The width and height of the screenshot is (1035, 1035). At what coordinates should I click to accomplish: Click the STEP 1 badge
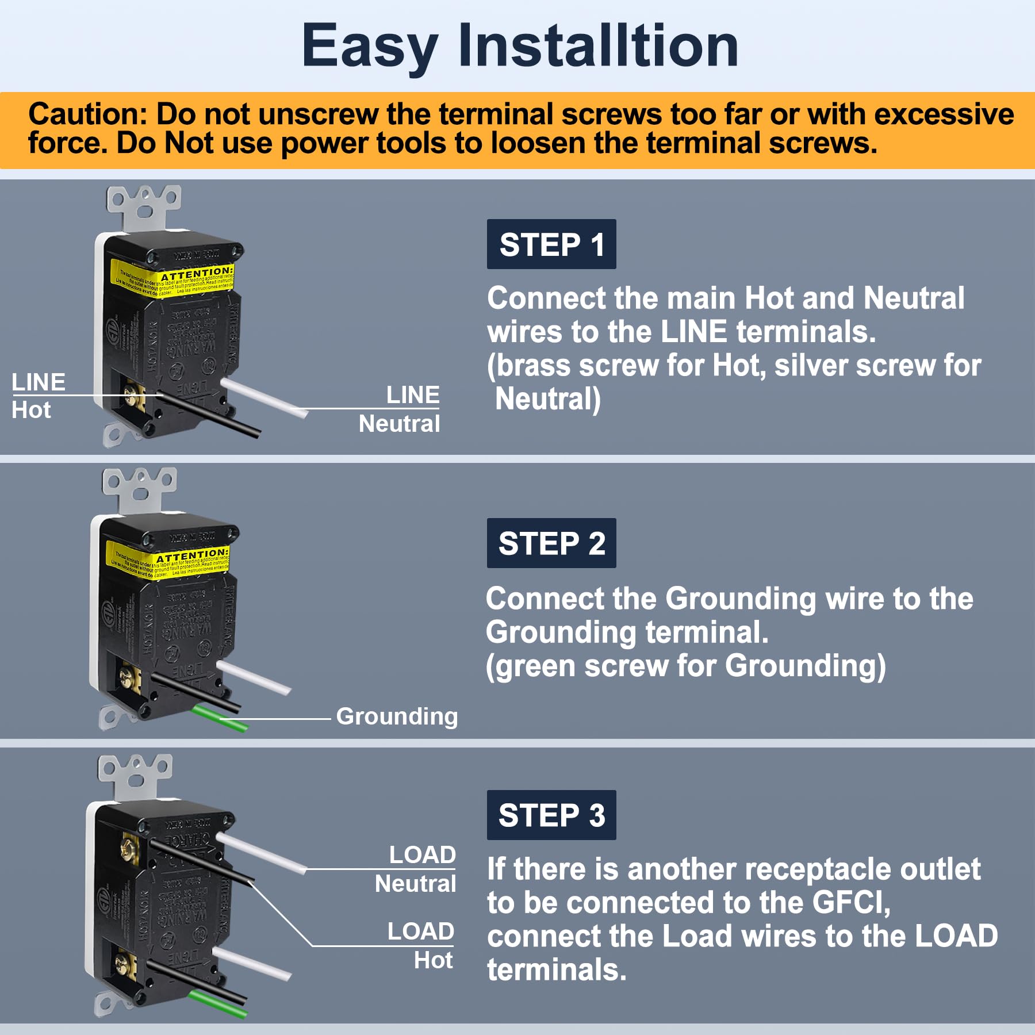pyautogui.click(x=551, y=244)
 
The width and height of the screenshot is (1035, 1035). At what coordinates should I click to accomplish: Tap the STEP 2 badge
pyautogui.click(x=551, y=543)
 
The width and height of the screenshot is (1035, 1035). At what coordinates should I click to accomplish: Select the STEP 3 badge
pyautogui.click(x=551, y=815)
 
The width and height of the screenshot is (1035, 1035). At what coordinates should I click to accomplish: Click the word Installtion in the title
pyautogui.click(x=598, y=46)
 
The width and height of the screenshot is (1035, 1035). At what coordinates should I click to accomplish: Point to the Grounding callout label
pyautogui.click(x=397, y=716)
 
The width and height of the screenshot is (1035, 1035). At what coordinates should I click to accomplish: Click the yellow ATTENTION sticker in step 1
pyautogui.click(x=172, y=279)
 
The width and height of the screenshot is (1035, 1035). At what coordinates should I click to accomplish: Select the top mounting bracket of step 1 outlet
pyautogui.click(x=144, y=204)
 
